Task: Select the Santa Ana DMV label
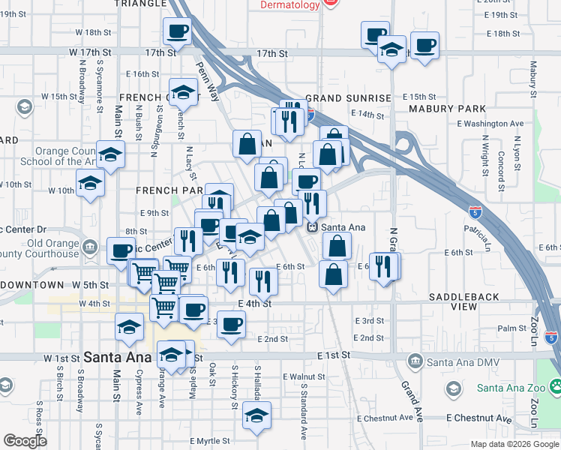(x=454, y=363)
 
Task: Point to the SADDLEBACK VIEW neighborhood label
(x=463, y=301)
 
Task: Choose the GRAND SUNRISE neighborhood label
(x=348, y=98)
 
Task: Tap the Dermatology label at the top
(x=289, y=4)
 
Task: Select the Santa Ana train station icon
(x=313, y=226)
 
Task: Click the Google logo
(x=25, y=442)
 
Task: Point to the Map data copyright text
(x=514, y=444)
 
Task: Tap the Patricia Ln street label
(x=478, y=233)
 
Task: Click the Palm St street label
(x=512, y=328)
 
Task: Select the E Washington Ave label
(x=490, y=123)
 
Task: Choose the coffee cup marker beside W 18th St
(x=177, y=31)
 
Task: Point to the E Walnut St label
(x=304, y=376)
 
